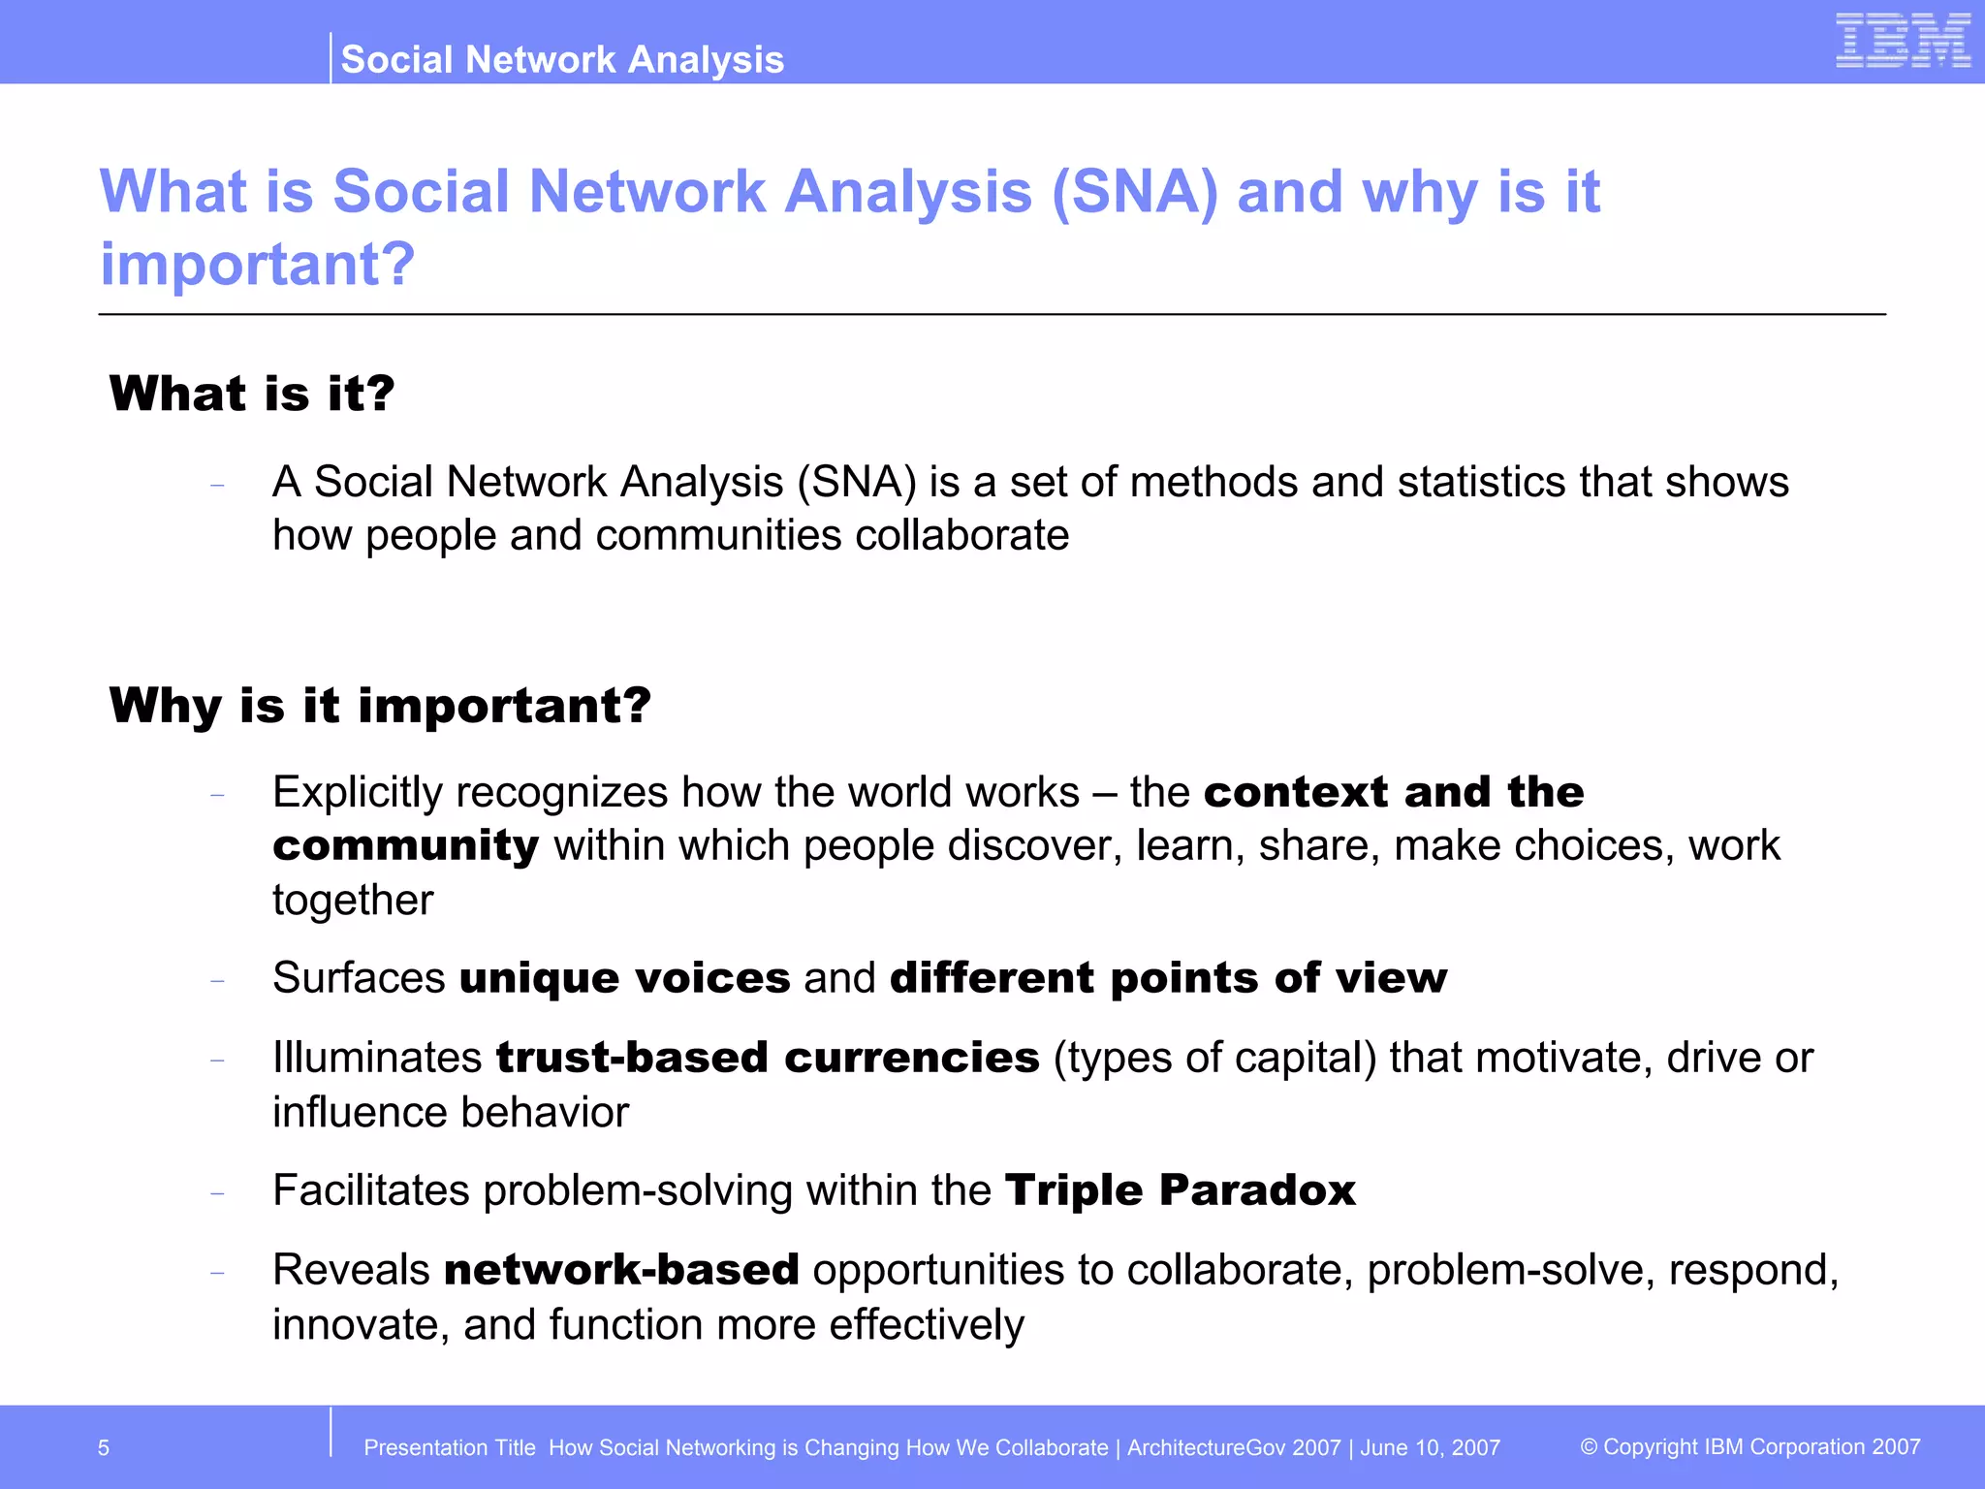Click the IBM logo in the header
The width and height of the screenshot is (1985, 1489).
1903,41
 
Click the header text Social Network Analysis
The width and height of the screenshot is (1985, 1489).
562,60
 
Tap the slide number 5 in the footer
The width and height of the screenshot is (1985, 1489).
104,1448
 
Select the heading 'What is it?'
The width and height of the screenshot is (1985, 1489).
252,394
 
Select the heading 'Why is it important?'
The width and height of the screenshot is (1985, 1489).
380,705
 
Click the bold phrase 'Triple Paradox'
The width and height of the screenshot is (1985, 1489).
1180,1190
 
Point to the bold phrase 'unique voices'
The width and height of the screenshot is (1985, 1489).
625,977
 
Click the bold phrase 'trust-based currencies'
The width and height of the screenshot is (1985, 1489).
768,1058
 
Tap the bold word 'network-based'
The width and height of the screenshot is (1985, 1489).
621,1270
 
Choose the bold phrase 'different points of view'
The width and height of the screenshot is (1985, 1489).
1168,977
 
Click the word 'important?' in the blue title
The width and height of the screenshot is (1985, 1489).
258,264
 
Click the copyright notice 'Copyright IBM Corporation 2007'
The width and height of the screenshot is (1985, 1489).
1750,1447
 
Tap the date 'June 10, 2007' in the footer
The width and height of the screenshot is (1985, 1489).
1430,1448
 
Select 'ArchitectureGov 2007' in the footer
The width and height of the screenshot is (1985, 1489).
1233,1448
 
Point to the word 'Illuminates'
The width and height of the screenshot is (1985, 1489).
377,1058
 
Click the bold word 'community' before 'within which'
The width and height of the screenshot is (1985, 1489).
405,846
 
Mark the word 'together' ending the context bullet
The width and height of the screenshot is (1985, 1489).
353,901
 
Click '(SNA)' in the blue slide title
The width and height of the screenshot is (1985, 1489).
1134,192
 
